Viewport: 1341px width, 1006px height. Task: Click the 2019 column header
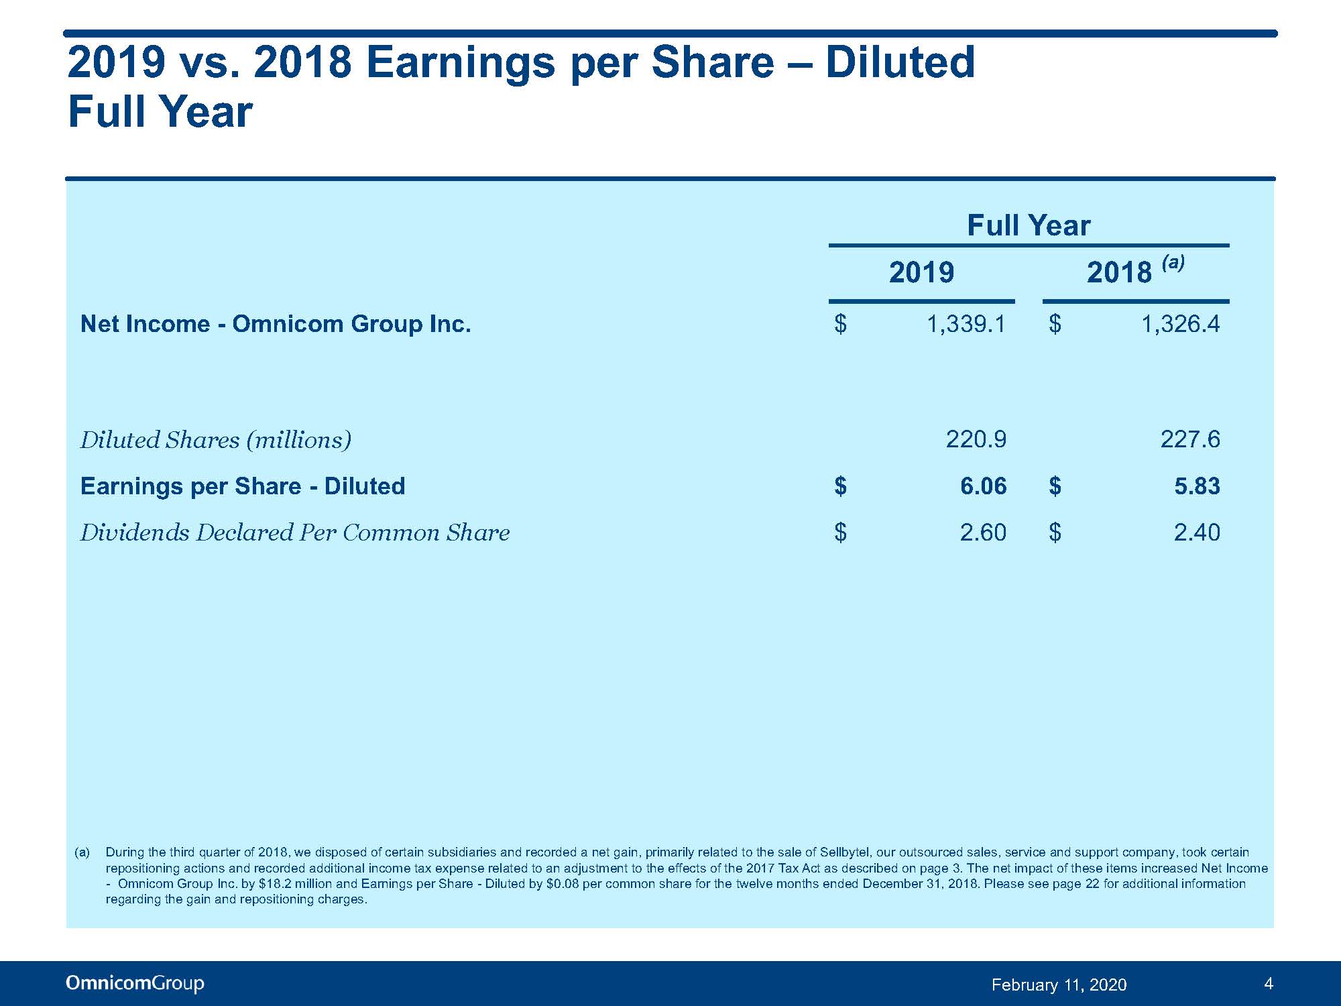point(921,272)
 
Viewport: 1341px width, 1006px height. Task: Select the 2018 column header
point(1119,272)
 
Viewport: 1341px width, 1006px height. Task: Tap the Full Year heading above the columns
point(1029,225)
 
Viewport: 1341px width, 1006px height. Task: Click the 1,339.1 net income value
point(966,325)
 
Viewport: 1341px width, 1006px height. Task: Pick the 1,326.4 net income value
point(1181,325)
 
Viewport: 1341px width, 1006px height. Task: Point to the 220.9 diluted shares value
point(976,439)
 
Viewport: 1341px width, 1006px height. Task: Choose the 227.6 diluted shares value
point(1190,439)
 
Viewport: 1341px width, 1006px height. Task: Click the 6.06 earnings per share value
point(984,486)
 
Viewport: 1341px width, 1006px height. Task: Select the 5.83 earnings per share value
point(1198,486)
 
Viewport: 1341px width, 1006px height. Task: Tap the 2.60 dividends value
point(984,533)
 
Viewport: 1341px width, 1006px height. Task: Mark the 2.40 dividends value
point(1198,533)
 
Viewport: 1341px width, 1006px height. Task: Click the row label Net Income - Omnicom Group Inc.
point(276,324)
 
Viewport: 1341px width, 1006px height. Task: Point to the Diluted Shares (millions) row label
point(216,440)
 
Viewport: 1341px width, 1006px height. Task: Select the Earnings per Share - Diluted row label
point(243,486)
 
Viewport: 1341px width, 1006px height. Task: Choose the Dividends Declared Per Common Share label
point(295,533)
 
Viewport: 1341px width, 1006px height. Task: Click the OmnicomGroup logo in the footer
point(135,983)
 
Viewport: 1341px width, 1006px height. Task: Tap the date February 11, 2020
point(1059,985)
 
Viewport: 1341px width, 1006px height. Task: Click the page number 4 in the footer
point(1268,984)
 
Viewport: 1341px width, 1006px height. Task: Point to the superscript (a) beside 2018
point(1173,262)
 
